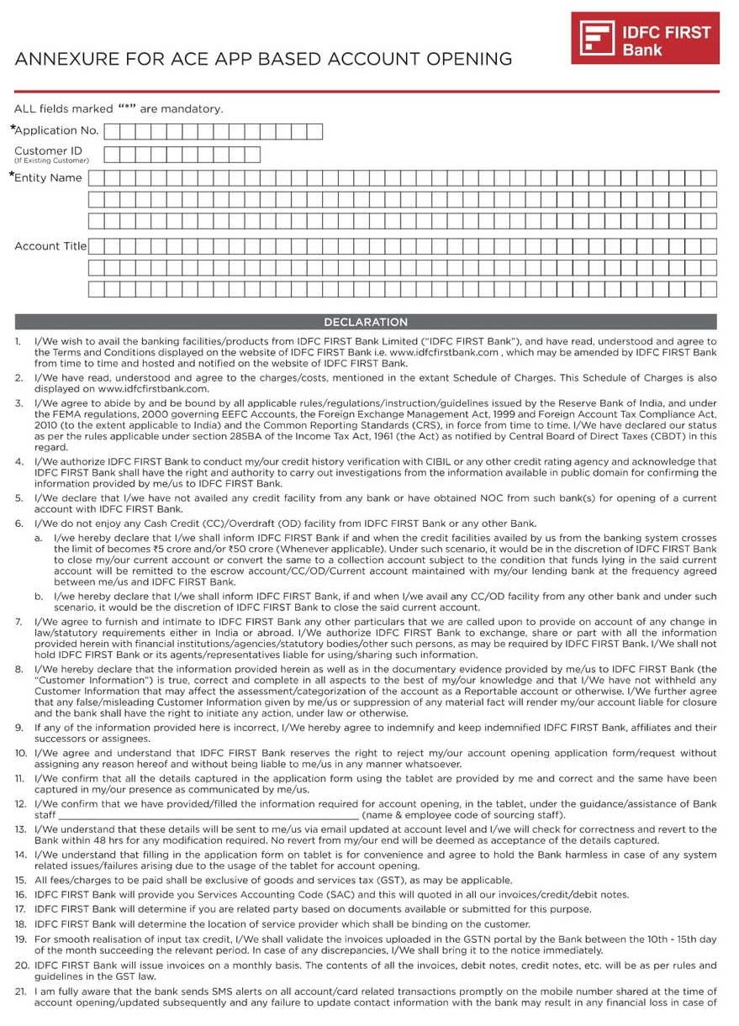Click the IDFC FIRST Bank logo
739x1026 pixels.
(x=645, y=39)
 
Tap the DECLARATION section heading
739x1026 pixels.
(x=366, y=322)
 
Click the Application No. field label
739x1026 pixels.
(x=56, y=130)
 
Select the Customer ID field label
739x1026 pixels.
(x=48, y=151)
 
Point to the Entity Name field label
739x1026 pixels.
(x=48, y=177)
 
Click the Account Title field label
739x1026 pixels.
(x=50, y=246)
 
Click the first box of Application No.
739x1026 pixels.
(x=113, y=131)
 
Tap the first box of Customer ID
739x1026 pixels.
(x=113, y=155)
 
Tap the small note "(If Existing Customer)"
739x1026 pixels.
(x=51, y=160)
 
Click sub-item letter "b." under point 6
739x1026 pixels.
(x=40, y=596)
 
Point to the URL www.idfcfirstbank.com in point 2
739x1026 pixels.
(x=153, y=389)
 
